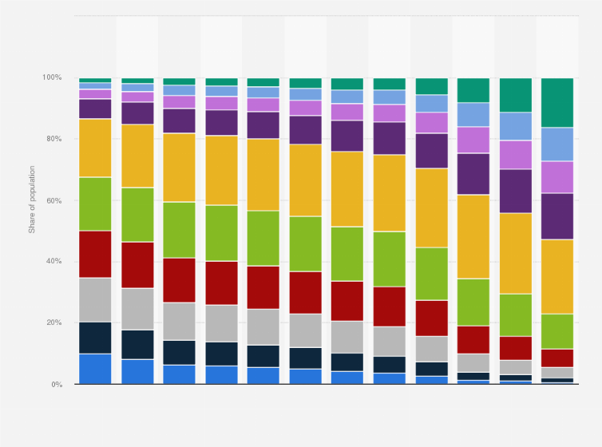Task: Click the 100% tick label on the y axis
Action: point(51,77)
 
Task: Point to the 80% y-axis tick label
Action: point(53,139)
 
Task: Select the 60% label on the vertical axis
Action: point(53,200)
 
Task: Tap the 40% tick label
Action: point(53,262)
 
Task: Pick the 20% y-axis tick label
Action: point(53,323)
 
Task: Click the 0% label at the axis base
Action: point(56,385)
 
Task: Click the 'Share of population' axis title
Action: point(32,200)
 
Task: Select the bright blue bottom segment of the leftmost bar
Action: point(95,369)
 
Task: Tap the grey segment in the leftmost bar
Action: point(95,300)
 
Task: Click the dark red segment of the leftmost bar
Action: point(95,255)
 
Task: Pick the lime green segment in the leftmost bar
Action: point(95,204)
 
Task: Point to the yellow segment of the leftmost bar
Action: point(95,148)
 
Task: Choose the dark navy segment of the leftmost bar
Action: point(95,338)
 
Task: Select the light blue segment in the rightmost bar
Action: point(556,144)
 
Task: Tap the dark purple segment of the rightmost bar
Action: point(556,216)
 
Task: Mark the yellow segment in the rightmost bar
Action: point(556,277)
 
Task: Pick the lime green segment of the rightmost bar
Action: point(556,331)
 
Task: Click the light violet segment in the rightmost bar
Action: point(556,177)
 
